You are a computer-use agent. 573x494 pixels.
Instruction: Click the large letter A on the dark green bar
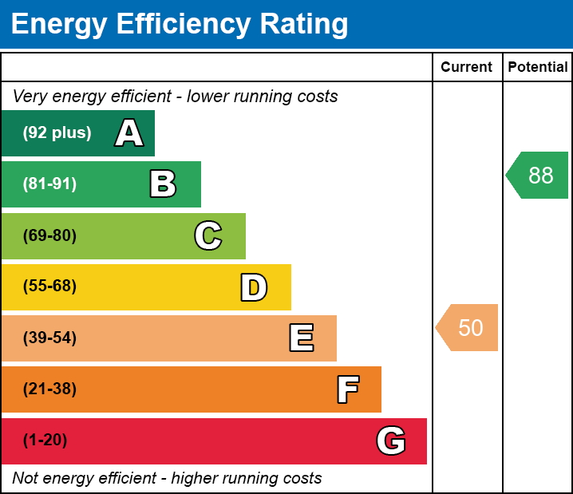click(x=129, y=133)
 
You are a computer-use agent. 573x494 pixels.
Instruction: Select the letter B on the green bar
click(x=163, y=184)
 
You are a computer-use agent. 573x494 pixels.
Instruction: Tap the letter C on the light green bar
click(x=208, y=235)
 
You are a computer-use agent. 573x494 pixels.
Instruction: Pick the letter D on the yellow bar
click(x=254, y=287)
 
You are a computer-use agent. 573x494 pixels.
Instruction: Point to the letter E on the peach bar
click(x=301, y=338)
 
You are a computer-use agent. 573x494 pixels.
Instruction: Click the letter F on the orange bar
click(x=347, y=389)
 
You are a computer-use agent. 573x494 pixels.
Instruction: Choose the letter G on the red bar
click(x=391, y=441)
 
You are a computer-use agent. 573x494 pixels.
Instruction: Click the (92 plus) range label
click(x=57, y=133)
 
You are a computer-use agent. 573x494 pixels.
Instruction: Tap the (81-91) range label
click(x=49, y=184)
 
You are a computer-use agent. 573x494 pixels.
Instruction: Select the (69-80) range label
click(x=49, y=235)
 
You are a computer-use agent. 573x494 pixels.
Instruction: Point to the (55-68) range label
click(x=49, y=287)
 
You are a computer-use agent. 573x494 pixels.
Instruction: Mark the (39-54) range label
click(x=49, y=338)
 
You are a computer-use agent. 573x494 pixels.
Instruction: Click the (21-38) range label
click(x=49, y=389)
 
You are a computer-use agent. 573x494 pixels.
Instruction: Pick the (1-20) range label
click(x=45, y=441)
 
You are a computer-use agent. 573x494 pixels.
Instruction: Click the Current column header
click(x=467, y=68)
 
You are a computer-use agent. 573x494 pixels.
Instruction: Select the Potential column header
click(x=538, y=68)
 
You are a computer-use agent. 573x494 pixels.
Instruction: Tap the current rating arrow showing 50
click(x=468, y=327)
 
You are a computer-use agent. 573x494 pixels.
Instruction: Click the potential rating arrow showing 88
click(x=538, y=175)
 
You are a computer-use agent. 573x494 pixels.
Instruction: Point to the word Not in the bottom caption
click(x=26, y=479)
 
